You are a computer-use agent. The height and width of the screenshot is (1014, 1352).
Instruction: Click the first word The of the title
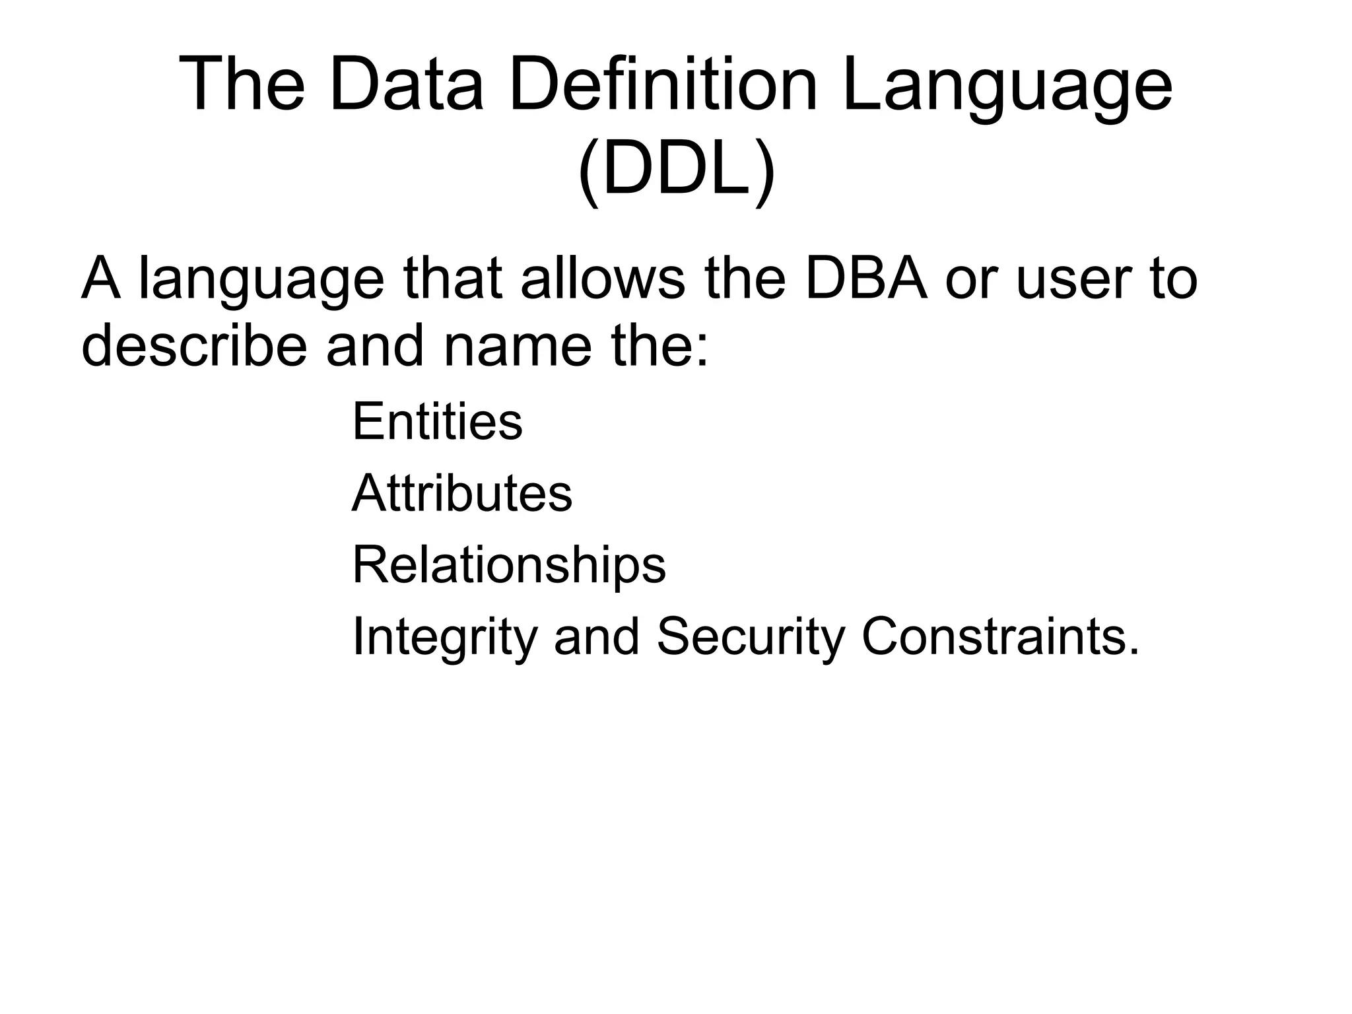241,85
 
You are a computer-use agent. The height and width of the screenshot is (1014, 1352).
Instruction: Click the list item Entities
437,421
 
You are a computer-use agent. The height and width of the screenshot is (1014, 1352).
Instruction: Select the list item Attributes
462,492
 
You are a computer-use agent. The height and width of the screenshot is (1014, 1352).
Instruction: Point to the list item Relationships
509,565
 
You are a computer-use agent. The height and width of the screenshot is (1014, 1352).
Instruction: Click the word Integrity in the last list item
443,638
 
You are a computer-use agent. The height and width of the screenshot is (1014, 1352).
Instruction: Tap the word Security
751,638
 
